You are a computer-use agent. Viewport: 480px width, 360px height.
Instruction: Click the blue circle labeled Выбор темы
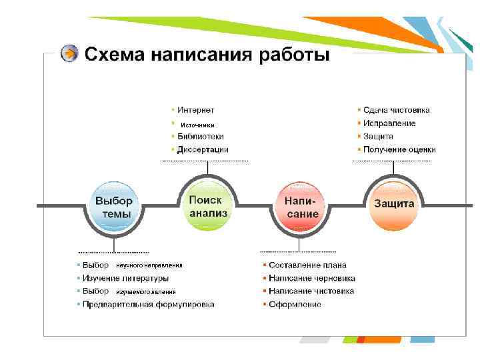click(x=113, y=207)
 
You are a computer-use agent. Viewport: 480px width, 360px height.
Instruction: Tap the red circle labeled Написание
click(x=302, y=206)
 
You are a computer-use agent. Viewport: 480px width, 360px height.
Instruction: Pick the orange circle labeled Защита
click(x=393, y=205)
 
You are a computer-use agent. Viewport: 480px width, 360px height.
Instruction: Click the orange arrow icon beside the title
click(x=69, y=53)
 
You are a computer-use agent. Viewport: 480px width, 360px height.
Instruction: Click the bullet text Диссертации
click(x=203, y=149)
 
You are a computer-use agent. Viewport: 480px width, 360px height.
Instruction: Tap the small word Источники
click(x=198, y=125)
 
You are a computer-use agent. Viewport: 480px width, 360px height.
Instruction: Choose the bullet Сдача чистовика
click(x=396, y=110)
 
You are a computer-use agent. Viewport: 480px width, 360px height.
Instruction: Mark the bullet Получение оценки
click(x=399, y=149)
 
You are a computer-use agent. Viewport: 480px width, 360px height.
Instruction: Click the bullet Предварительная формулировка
click(x=148, y=304)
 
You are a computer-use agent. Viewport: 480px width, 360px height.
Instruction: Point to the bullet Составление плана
click(x=307, y=265)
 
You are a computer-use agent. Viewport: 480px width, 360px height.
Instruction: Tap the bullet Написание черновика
click(x=311, y=278)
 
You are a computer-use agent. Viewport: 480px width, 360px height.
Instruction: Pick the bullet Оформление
click(x=295, y=304)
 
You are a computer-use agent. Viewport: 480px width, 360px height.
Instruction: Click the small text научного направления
click(x=149, y=266)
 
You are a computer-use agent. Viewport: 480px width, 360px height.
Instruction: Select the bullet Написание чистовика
click(x=311, y=291)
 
